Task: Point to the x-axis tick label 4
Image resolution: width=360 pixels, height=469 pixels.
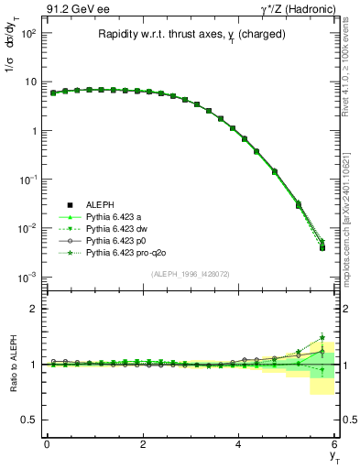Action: coord(238,443)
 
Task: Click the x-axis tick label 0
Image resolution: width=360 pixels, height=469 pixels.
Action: coord(47,443)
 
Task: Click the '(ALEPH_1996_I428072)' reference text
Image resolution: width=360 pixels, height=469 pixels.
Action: coord(190,274)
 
